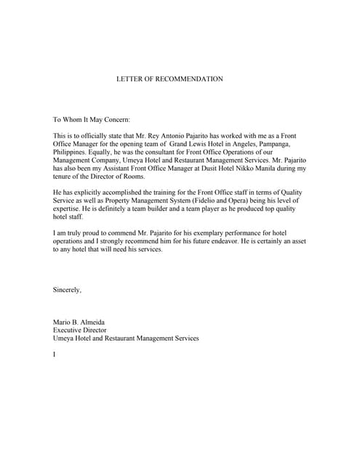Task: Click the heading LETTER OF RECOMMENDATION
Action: pos(169,78)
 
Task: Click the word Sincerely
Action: pos(68,289)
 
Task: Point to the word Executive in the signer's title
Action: pos(69,330)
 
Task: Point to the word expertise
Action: pos(69,208)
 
